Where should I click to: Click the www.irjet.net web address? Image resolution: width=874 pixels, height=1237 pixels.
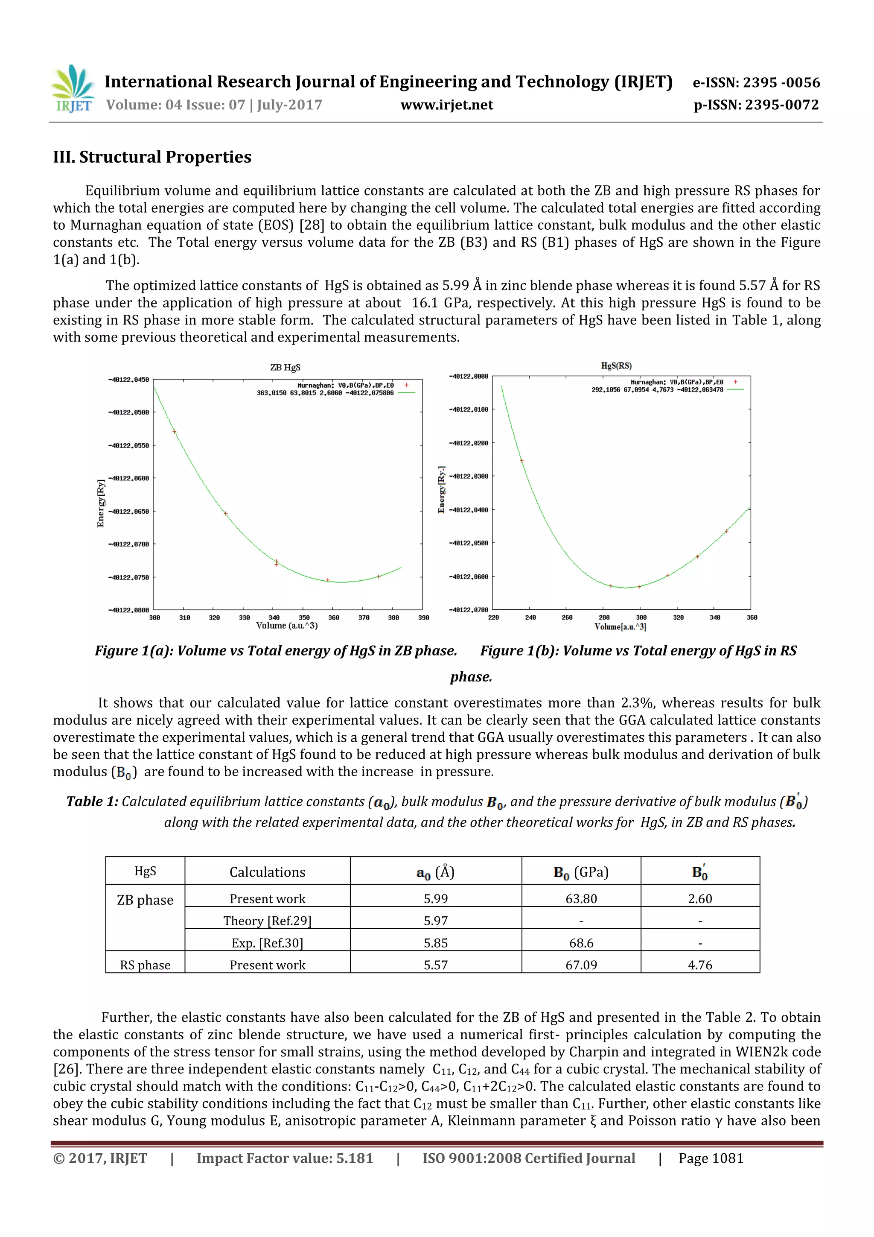[x=446, y=105]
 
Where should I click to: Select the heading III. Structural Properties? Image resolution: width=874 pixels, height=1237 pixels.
[x=152, y=157]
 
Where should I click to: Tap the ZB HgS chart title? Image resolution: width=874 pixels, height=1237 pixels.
[x=285, y=368]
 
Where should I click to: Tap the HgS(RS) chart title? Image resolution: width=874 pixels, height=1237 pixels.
[x=616, y=366]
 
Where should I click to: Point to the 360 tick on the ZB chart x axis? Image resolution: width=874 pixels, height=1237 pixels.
[x=334, y=617]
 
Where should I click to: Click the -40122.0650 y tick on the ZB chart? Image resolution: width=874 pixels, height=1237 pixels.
[x=129, y=511]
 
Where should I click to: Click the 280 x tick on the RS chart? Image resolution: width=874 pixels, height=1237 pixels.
[x=604, y=617]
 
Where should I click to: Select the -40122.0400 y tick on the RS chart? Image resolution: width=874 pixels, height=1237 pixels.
[x=469, y=510]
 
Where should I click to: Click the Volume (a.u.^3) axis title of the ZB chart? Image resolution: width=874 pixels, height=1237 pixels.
[x=286, y=626]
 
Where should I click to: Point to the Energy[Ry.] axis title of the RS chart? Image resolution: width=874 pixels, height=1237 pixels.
[x=442, y=489]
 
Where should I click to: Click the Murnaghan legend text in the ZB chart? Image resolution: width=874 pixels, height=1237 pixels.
[x=345, y=385]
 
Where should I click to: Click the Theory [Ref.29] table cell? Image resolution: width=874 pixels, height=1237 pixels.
[x=267, y=921]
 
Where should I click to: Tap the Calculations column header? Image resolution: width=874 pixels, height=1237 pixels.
[x=267, y=872]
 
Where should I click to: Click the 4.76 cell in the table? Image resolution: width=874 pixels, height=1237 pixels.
[x=699, y=965]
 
